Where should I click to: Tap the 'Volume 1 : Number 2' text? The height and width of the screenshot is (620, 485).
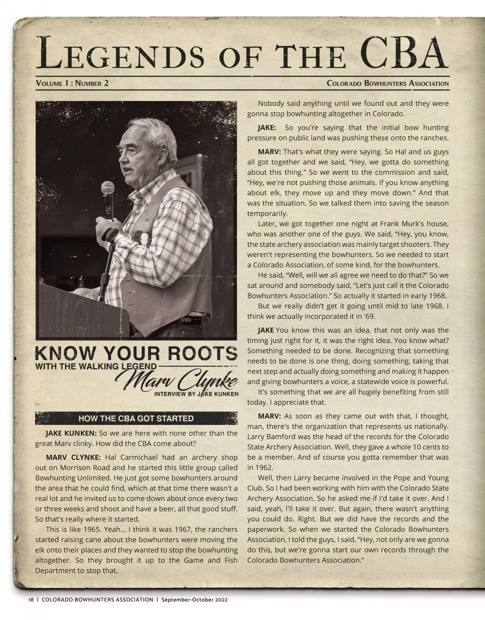tap(72, 84)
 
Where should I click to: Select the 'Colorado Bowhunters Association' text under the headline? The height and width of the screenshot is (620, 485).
tap(387, 84)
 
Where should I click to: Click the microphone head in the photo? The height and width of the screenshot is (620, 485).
tap(107, 189)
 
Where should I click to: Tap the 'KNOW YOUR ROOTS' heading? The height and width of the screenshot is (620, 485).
tap(136, 354)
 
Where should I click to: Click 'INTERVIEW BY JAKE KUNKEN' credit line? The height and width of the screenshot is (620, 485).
tap(196, 394)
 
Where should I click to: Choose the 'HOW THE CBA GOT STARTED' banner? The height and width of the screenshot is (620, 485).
tap(136, 418)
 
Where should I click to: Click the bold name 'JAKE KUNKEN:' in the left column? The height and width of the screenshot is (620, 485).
tap(71, 433)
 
